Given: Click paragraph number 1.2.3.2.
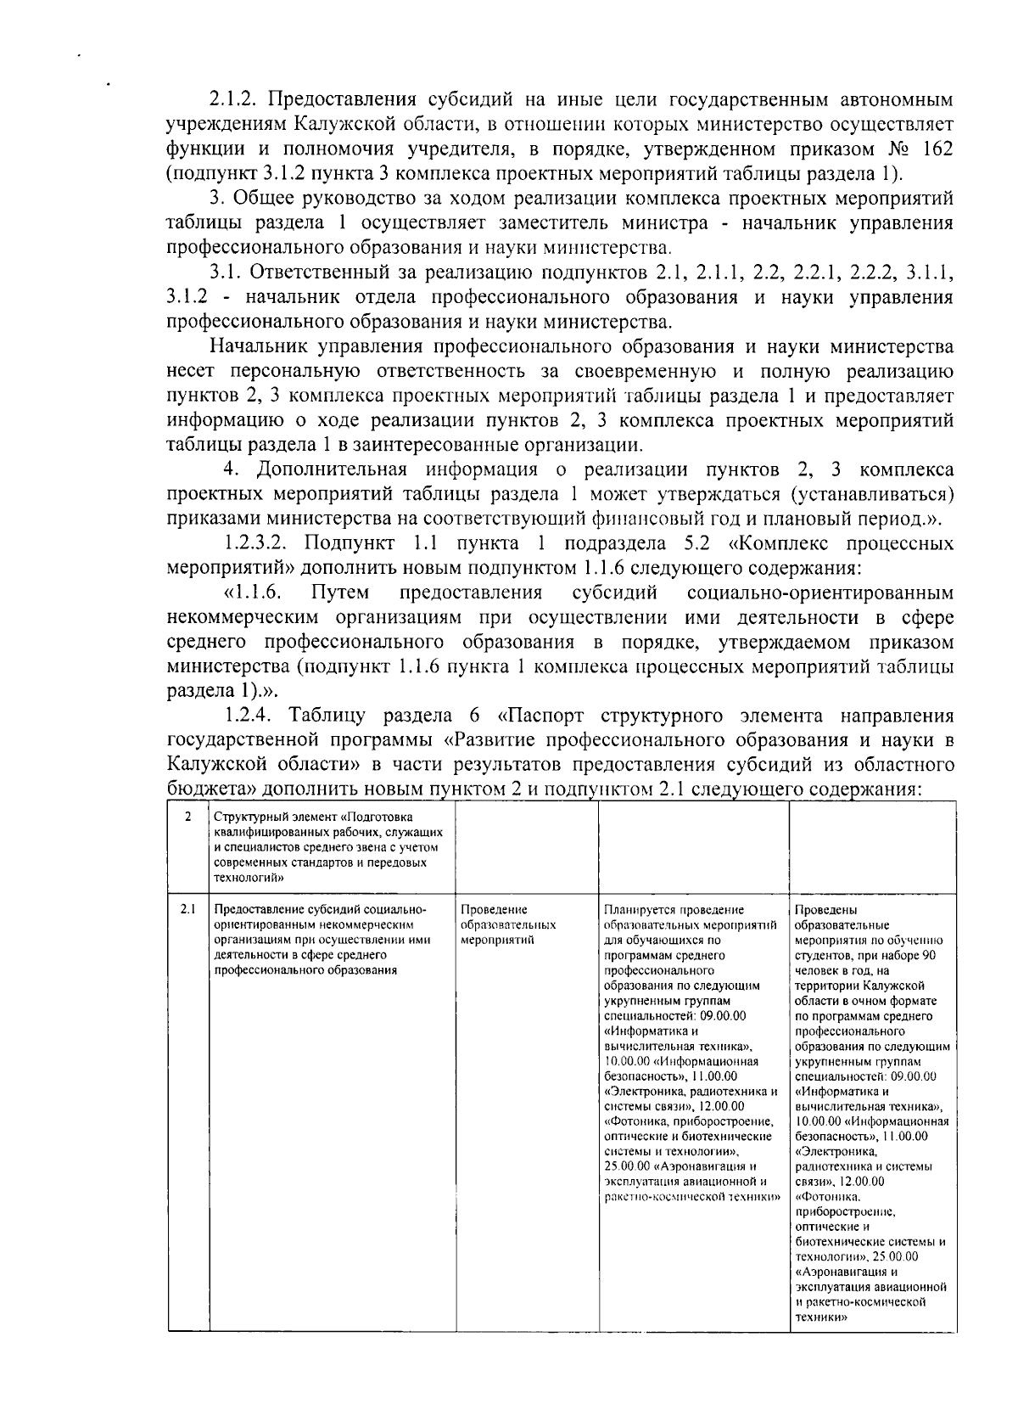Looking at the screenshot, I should point(259,544).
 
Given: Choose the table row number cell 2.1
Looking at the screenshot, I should point(187,910).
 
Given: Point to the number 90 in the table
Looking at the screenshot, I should point(927,956).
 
